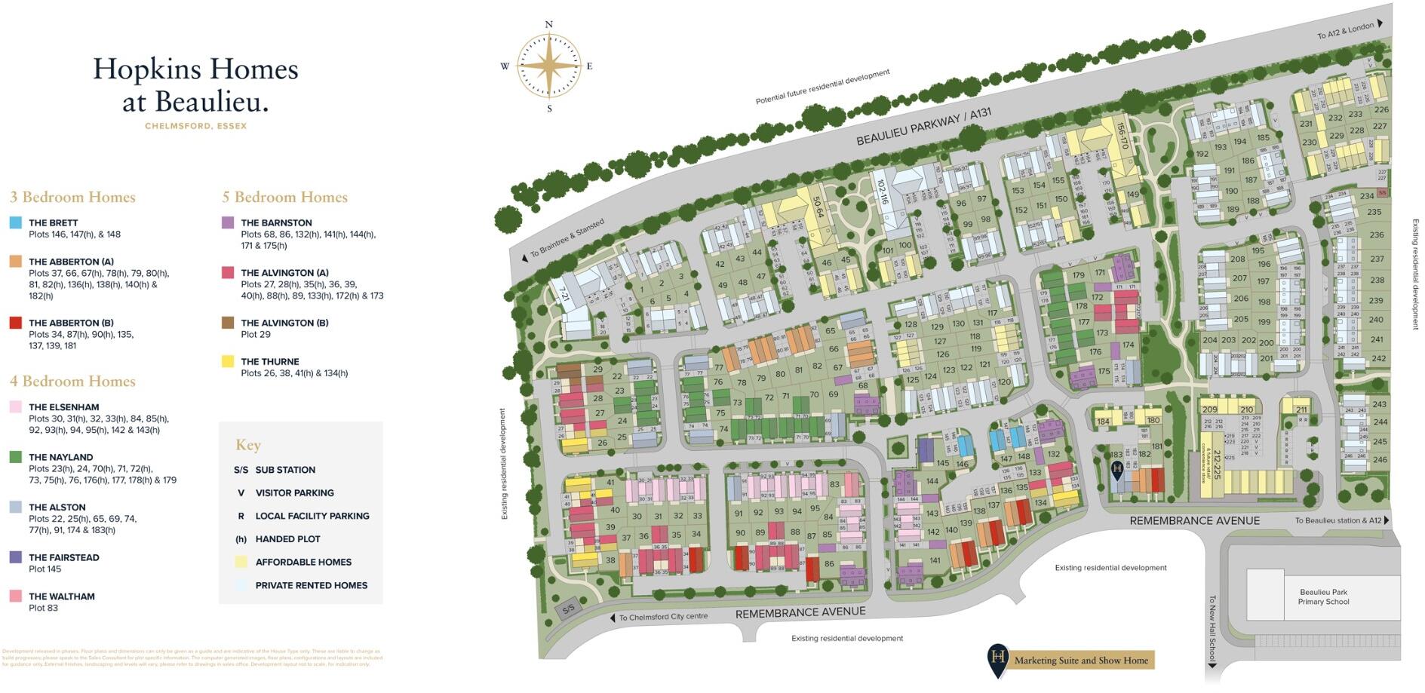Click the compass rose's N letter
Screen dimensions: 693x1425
tap(548, 25)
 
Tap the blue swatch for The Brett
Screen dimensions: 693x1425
tap(16, 223)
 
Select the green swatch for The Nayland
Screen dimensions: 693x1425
tap(16, 457)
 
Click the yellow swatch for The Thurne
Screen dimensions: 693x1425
tap(228, 362)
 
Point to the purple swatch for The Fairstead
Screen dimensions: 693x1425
tap(16, 557)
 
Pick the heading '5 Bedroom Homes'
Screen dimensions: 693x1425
tap(284, 198)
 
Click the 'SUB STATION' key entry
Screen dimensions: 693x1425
tap(284, 470)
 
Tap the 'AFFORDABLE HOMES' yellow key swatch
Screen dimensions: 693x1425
tap(241, 562)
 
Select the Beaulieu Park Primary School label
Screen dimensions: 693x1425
tap(1323, 597)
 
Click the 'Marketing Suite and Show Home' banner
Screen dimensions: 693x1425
tap(1080, 661)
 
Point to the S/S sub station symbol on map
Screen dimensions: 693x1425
tap(568, 608)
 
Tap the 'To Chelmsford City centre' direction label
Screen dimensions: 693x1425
tap(662, 617)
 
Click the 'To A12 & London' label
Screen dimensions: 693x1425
tap(1346, 31)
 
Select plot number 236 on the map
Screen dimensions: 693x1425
tap(1377, 235)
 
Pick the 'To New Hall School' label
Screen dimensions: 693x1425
tap(1212, 627)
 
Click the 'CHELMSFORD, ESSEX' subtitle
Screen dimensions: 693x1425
tap(196, 127)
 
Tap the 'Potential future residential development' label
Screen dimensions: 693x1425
tap(822, 87)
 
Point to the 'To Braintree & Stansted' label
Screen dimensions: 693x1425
tap(567, 238)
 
